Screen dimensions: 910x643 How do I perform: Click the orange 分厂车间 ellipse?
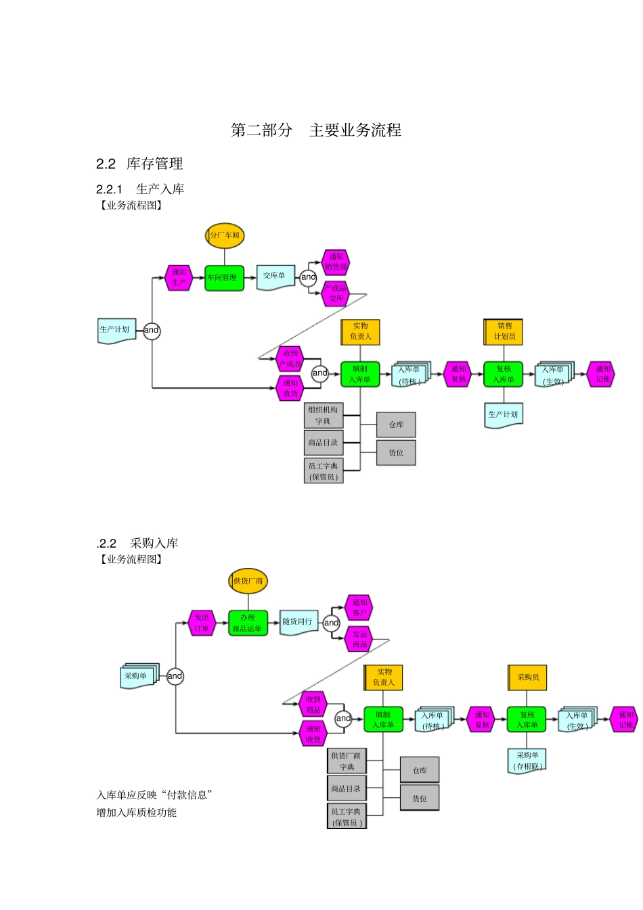coord(225,235)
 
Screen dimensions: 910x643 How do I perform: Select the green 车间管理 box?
coord(224,277)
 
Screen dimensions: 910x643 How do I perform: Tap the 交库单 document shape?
coord(275,277)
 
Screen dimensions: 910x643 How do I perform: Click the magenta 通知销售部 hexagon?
coord(336,262)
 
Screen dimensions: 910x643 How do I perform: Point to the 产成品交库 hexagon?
coord(336,293)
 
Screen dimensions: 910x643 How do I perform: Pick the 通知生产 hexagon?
coord(179,277)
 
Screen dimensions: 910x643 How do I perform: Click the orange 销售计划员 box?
coord(504,331)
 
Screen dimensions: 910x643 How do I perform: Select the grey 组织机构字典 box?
coord(324,415)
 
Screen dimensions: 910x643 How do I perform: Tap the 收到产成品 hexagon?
coord(290,359)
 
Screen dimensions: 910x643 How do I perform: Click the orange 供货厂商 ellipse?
coord(248,581)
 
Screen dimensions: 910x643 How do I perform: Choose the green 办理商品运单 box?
coord(248,623)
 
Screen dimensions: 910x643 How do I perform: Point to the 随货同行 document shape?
coord(298,622)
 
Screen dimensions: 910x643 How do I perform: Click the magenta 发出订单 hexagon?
coord(202,623)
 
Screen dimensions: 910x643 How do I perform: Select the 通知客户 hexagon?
coord(359,607)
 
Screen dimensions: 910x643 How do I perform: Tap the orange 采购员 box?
coord(527,677)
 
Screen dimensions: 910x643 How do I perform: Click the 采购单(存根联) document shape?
coord(527,761)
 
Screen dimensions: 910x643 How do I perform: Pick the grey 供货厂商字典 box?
coord(347,761)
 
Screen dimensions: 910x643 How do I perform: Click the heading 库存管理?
coord(154,164)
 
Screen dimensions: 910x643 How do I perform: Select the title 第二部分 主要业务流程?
coord(316,130)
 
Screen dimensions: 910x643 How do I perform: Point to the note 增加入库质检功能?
coord(136,813)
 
